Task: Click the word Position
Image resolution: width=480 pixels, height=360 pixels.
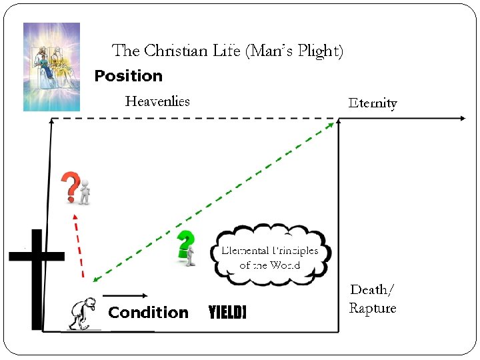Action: tap(128, 76)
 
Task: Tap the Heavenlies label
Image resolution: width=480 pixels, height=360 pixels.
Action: tap(157, 101)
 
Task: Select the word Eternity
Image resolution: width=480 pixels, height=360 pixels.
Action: tap(373, 103)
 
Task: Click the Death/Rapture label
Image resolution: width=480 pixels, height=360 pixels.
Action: tap(372, 299)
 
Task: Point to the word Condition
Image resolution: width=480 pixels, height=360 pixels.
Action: tap(148, 313)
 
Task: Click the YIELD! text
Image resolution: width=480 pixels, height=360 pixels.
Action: tap(227, 313)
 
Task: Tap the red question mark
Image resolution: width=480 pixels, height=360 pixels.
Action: tap(69, 186)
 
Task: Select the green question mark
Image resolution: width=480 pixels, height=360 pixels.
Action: tap(185, 243)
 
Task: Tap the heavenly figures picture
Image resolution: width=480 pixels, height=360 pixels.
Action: tap(51, 67)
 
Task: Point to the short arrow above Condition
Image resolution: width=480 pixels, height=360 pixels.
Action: tap(125, 295)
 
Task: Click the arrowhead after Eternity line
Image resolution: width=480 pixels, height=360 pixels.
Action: tap(462, 118)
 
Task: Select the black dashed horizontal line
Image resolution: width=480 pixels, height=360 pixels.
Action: tap(193, 119)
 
